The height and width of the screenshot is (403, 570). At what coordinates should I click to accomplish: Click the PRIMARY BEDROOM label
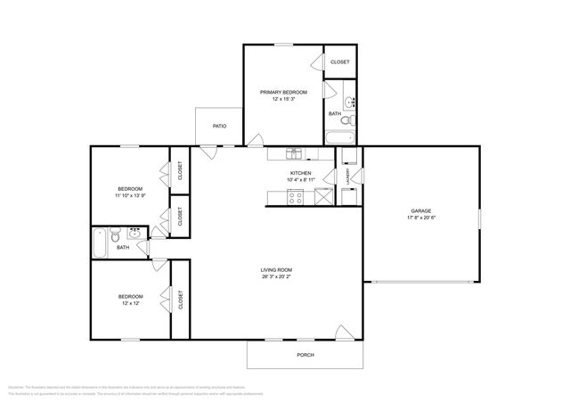283,92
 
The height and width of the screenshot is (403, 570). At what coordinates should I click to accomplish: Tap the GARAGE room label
421,210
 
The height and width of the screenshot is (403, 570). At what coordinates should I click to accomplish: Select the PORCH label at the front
305,355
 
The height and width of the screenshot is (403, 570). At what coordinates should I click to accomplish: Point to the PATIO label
219,126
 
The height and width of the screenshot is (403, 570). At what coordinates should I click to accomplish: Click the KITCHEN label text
300,173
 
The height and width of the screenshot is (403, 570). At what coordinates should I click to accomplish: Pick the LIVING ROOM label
276,270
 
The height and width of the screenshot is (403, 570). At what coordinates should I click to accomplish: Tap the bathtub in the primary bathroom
340,137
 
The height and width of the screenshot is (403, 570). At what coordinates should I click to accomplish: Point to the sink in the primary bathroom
350,100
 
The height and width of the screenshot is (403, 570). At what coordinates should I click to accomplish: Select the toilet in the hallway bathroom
116,237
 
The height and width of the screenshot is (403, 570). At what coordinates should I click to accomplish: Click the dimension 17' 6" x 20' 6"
421,218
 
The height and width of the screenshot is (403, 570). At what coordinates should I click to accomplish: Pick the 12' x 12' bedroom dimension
131,304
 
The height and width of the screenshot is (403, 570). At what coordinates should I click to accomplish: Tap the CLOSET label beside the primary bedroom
340,62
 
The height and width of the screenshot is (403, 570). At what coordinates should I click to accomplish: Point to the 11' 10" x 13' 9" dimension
130,195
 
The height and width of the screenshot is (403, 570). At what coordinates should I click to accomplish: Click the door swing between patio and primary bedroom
256,140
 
